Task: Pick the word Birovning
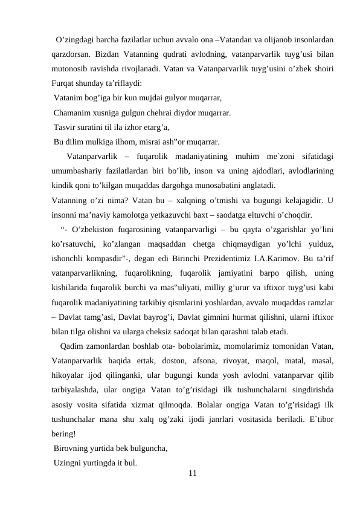[73, 448]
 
